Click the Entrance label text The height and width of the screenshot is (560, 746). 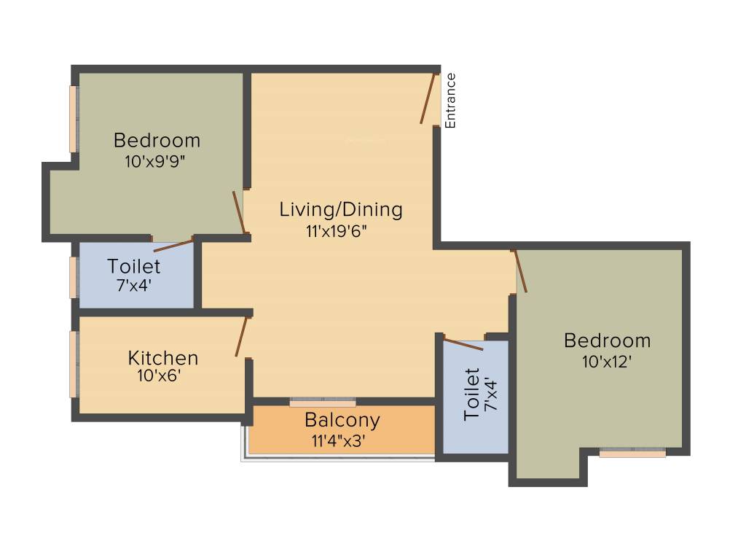pos(451,101)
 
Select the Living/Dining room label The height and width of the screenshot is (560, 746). pos(341,210)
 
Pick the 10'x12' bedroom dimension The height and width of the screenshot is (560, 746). pos(606,361)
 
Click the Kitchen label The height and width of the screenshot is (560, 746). pos(163,358)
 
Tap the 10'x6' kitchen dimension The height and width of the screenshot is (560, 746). pos(158,376)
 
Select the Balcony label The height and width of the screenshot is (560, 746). pos(342,421)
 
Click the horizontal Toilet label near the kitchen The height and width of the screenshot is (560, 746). pos(134,266)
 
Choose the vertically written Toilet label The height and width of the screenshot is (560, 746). pos(472,394)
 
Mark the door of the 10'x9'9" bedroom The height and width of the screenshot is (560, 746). pos(237,211)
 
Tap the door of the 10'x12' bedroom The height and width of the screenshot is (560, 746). pos(520,271)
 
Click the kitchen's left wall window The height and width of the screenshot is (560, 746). pos(74,365)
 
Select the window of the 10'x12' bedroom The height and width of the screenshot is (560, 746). pos(632,453)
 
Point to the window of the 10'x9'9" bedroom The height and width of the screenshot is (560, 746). pos(74,119)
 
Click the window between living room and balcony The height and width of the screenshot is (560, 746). pos(323,402)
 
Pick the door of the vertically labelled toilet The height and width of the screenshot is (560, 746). pos(463,344)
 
